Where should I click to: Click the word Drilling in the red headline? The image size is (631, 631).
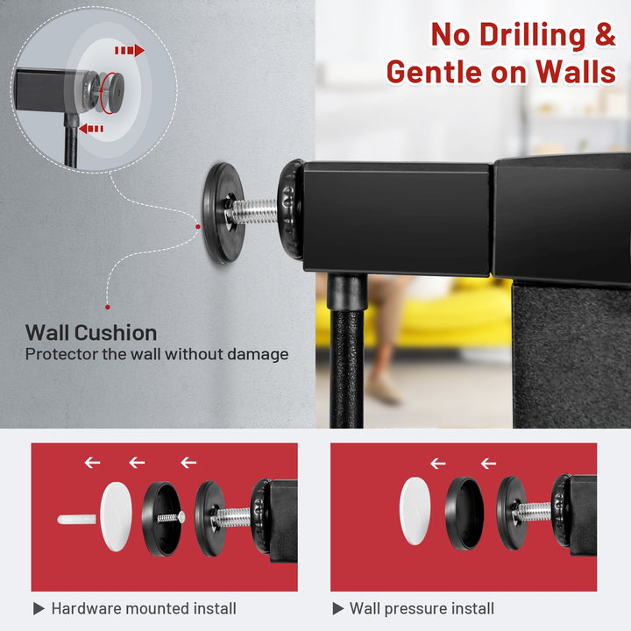click(x=533, y=35)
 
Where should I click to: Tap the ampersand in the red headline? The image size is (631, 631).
click(x=606, y=34)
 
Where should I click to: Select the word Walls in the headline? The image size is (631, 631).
click(x=576, y=72)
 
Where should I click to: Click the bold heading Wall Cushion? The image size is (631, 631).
click(x=91, y=333)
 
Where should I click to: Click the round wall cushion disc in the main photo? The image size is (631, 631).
click(x=222, y=213)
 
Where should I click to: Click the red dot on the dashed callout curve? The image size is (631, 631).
click(x=197, y=227)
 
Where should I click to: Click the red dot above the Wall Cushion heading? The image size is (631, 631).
click(x=108, y=307)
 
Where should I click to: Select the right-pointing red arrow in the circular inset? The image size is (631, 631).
click(x=130, y=50)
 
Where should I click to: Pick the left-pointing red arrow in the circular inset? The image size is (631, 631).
click(x=91, y=129)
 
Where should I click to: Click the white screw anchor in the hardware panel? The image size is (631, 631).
click(x=76, y=519)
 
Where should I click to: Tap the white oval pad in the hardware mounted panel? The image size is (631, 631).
click(x=116, y=517)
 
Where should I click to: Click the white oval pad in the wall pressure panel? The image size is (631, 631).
click(x=415, y=511)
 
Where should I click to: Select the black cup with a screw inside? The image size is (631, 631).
click(x=162, y=519)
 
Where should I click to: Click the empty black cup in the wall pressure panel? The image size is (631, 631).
click(x=464, y=514)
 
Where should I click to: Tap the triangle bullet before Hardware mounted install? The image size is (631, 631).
click(x=39, y=608)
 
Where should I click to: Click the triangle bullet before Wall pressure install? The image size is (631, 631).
click(x=338, y=608)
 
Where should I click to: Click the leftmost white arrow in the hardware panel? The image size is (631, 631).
click(x=92, y=463)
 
